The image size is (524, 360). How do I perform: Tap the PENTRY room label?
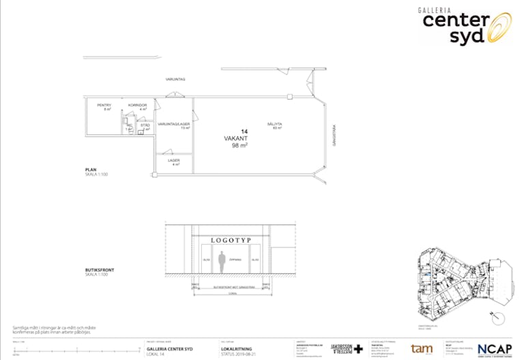(104, 105)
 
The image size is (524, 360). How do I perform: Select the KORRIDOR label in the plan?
(138, 105)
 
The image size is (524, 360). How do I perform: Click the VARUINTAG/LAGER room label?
(173, 124)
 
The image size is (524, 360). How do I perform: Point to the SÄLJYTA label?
(276, 124)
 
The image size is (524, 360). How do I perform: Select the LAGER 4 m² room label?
(174, 161)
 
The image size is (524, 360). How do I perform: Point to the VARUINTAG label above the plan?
(175, 80)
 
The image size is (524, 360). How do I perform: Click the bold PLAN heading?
(91, 170)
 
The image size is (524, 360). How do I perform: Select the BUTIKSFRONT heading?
(100, 270)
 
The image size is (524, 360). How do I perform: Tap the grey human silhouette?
(222, 261)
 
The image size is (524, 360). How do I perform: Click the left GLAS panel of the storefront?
(206, 260)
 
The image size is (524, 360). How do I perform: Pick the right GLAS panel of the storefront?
(255, 260)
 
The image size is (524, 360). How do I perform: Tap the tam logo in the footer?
(422, 348)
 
